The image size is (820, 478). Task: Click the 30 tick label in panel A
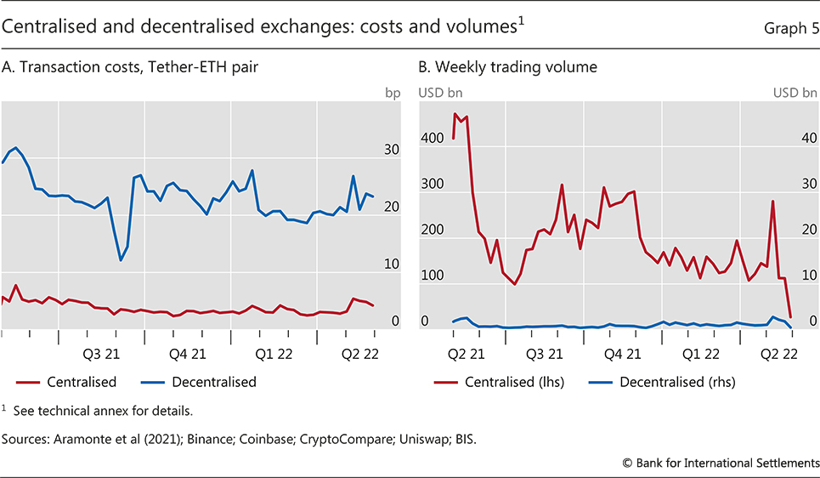(x=393, y=150)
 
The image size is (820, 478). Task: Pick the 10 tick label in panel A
(x=393, y=265)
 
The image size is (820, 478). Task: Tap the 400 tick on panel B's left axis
(x=432, y=138)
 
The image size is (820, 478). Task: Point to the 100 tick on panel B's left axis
(x=432, y=276)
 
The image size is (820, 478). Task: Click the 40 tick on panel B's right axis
(x=809, y=138)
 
